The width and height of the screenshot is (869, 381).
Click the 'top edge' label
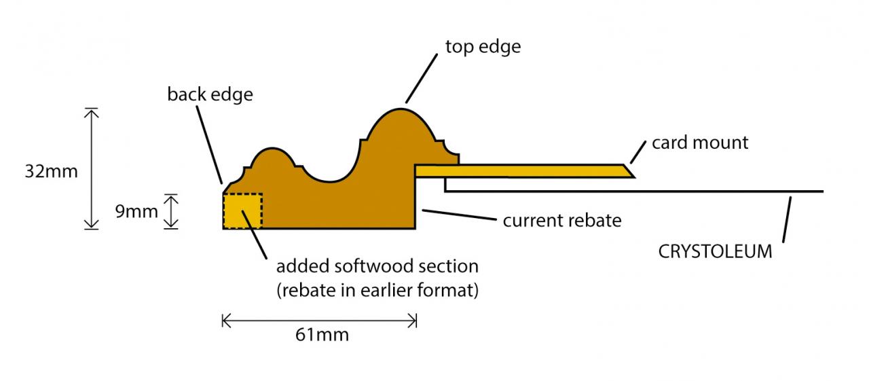tap(483, 47)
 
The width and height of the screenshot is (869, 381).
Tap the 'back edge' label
tap(210, 94)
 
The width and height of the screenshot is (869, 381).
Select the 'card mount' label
tap(699, 143)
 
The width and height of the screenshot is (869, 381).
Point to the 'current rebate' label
tap(561, 221)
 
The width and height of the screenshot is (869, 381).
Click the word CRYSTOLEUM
tap(715, 251)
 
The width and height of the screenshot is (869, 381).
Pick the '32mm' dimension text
tap(52, 171)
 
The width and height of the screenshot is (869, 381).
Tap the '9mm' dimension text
tap(136, 211)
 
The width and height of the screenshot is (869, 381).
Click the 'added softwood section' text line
tap(377, 266)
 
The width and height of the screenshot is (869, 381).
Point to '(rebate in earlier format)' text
tap(377, 291)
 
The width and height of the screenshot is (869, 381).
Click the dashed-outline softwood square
tap(242, 211)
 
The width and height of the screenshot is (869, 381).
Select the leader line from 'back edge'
tap(211, 143)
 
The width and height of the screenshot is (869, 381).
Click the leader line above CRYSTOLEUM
tap(788, 218)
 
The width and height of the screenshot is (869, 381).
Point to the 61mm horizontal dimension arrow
tap(319, 320)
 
